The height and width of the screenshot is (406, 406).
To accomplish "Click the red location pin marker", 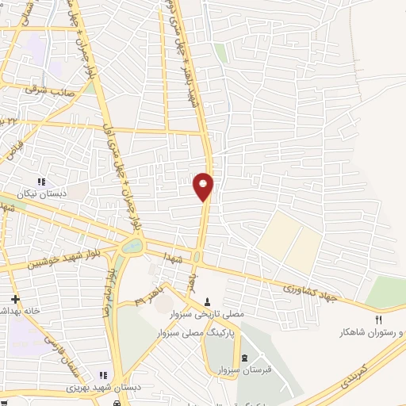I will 204,186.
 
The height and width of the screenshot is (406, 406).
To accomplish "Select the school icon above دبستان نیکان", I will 52,182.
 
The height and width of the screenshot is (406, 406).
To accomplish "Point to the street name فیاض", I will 16,144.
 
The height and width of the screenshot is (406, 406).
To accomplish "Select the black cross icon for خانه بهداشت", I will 13,300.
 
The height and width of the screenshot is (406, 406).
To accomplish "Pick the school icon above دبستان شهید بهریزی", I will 102,375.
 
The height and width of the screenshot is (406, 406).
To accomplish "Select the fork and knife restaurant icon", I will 378,320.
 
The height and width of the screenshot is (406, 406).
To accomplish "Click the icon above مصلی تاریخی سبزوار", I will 208,302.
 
